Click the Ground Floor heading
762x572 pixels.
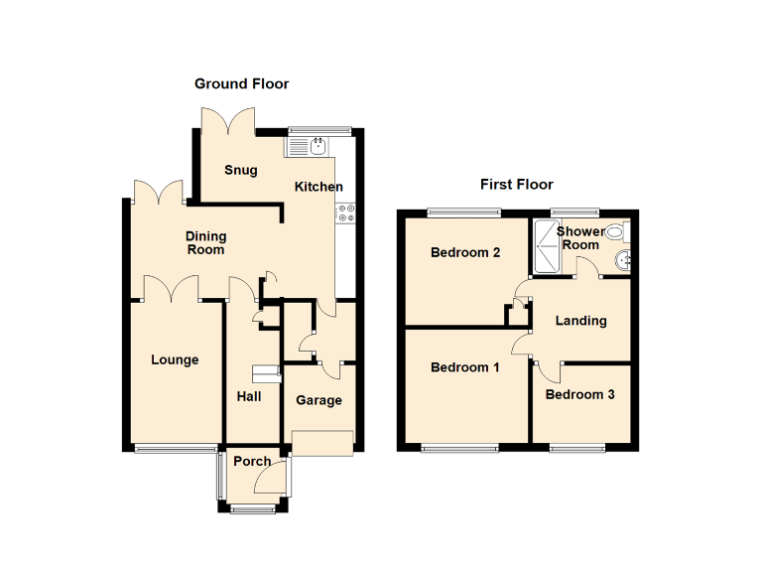(241, 84)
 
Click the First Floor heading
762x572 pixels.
(516, 185)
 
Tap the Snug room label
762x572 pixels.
(240, 170)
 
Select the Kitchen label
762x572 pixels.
(318, 187)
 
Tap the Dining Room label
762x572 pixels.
(206, 243)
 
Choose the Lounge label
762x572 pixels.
(175, 359)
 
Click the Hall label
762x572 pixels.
(249, 396)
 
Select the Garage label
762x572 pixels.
(318, 400)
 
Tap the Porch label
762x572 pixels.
(252, 462)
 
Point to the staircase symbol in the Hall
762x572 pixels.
(266, 373)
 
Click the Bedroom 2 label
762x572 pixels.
(464, 253)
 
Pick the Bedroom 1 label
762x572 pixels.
(464, 367)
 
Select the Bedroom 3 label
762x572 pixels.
(579, 394)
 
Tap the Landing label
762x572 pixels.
(580, 321)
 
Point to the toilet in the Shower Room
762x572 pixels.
(615, 233)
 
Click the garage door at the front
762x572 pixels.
(322, 443)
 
